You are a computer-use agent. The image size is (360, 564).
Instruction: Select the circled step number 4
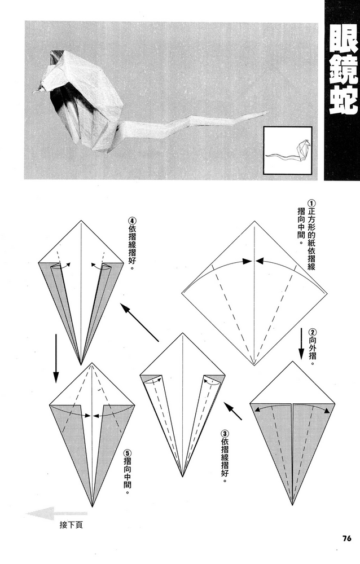click(132, 221)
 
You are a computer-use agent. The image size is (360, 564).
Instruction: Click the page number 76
click(346, 537)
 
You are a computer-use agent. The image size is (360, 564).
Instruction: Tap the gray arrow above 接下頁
click(48, 513)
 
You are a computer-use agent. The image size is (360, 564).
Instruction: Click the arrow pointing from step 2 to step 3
click(234, 411)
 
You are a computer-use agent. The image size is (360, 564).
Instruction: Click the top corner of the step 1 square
click(255, 221)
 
